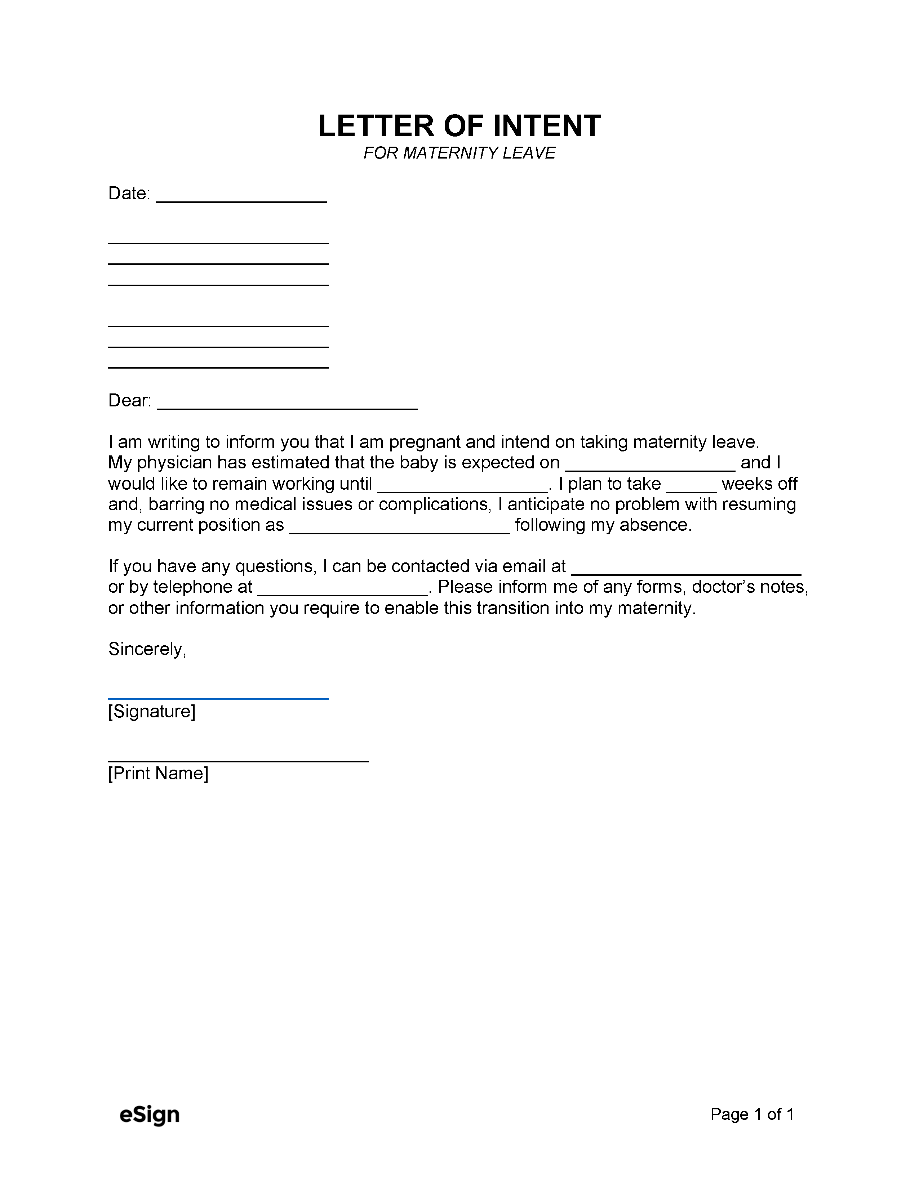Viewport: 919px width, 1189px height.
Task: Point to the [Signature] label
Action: [x=151, y=712]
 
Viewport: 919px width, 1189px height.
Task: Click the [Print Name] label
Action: [x=158, y=774]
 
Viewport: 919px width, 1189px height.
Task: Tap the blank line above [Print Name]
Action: [x=238, y=759]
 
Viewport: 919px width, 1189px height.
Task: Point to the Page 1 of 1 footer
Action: [x=752, y=1114]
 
